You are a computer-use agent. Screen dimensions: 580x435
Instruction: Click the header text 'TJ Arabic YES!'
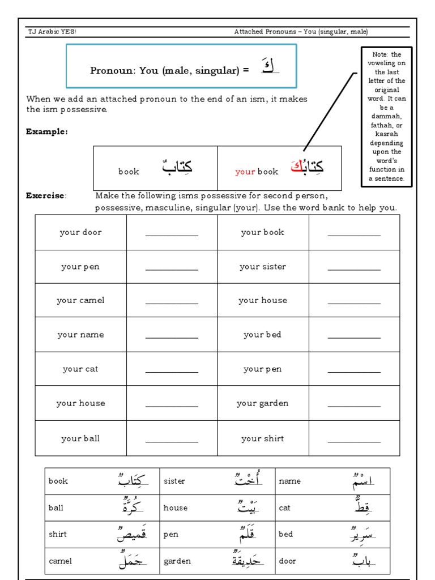52,32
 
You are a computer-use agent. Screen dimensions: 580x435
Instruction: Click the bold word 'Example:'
46,132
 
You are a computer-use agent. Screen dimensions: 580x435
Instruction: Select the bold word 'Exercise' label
45,196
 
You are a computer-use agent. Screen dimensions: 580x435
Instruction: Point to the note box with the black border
387,117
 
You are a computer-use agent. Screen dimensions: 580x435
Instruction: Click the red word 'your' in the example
245,172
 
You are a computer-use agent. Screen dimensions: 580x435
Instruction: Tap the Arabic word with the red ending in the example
307,167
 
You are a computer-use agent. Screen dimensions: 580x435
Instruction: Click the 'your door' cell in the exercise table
80,232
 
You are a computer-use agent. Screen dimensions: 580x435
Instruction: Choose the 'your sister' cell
263,267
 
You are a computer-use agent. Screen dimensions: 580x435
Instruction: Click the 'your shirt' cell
263,438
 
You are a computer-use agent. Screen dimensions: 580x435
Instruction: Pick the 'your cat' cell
80,369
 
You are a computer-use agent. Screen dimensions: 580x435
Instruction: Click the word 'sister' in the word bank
174,481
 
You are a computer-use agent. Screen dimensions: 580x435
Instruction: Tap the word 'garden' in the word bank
177,561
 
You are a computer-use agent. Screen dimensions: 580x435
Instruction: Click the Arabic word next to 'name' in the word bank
362,481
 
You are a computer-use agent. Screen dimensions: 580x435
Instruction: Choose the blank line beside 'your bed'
354,337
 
